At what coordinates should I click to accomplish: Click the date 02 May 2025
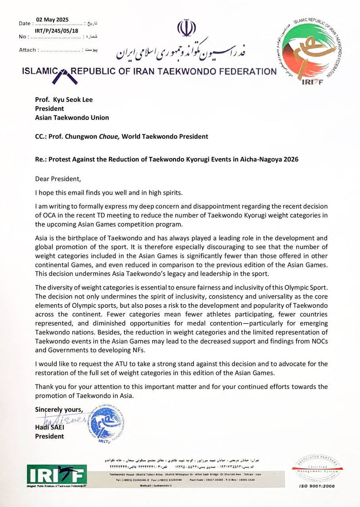pos(52,19)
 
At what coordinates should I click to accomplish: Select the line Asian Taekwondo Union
pos(72,117)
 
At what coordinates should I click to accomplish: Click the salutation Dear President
pos(57,179)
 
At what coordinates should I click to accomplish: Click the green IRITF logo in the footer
pos(57,474)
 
